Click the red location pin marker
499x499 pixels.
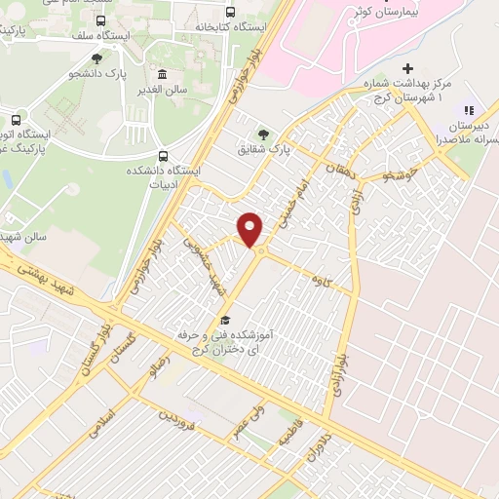(x=251, y=229)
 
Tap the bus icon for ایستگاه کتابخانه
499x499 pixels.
(x=230, y=13)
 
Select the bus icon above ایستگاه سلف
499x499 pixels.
(x=102, y=19)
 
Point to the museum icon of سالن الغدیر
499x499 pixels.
(x=162, y=75)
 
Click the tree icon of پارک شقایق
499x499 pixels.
(x=262, y=134)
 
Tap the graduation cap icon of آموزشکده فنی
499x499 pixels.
(x=224, y=321)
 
